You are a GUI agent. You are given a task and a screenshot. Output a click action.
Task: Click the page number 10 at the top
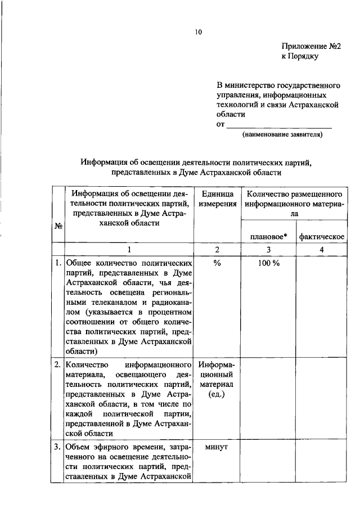[x=199, y=32]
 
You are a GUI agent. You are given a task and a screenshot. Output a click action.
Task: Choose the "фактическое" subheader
[x=321, y=236]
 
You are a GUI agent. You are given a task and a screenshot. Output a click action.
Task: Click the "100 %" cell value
[x=268, y=263]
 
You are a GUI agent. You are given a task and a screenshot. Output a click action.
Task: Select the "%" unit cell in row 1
[x=218, y=263]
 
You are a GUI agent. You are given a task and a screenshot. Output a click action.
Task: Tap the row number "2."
[x=58, y=364]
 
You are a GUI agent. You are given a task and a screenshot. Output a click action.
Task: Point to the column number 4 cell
[x=321, y=250]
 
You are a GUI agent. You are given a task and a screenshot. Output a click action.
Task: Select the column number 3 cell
[x=268, y=250]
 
